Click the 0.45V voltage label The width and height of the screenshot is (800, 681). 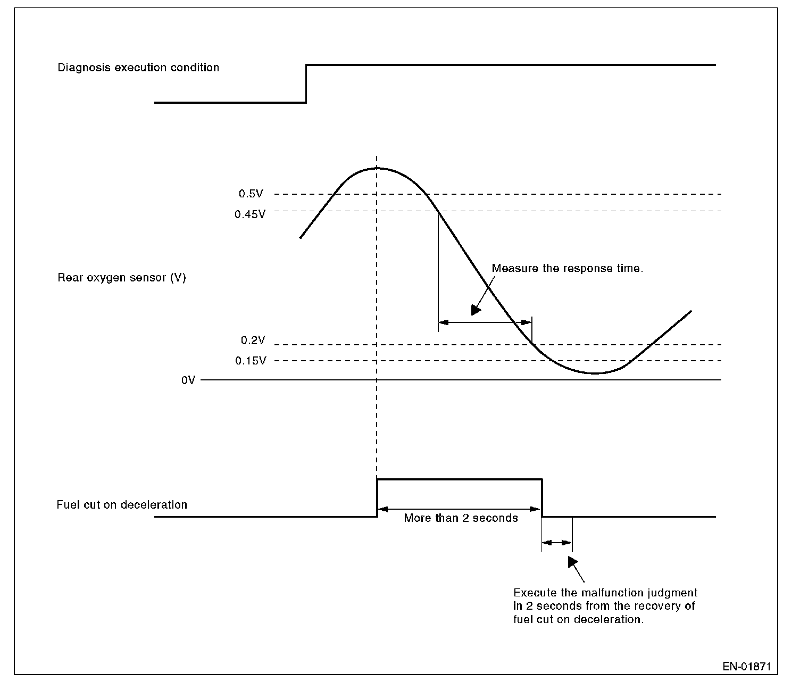pyautogui.click(x=249, y=214)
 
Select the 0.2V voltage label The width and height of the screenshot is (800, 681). pyautogui.click(x=252, y=340)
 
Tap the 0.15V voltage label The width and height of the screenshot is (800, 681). pyautogui.click(x=251, y=361)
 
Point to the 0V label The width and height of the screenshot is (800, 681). pyautogui.click(x=188, y=380)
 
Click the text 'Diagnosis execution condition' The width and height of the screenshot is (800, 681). pyautogui.click(x=138, y=68)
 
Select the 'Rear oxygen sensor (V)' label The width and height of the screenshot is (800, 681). pyautogui.click(x=122, y=278)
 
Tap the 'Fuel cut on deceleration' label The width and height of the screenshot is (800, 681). pyautogui.click(x=122, y=505)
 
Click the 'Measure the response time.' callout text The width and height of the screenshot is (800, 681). pyautogui.click(x=568, y=268)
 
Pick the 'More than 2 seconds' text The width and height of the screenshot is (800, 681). pyautogui.click(x=461, y=518)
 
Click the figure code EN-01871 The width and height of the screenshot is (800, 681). pyautogui.click(x=747, y=666)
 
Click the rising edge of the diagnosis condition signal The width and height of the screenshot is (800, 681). pyautogui.click(x=306, y=84)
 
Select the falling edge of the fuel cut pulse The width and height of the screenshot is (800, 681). pyautogui.click(x=542, y=498)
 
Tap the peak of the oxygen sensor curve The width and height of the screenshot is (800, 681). pyautogui.click(x=377, y=168)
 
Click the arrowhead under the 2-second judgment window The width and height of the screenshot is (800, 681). pyautogui.click(x=572, y=562)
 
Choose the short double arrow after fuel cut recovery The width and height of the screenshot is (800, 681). pyautogui.click(x=557, y=543)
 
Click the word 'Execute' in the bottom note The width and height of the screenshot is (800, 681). pyautogui.click(x=532, y=593)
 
